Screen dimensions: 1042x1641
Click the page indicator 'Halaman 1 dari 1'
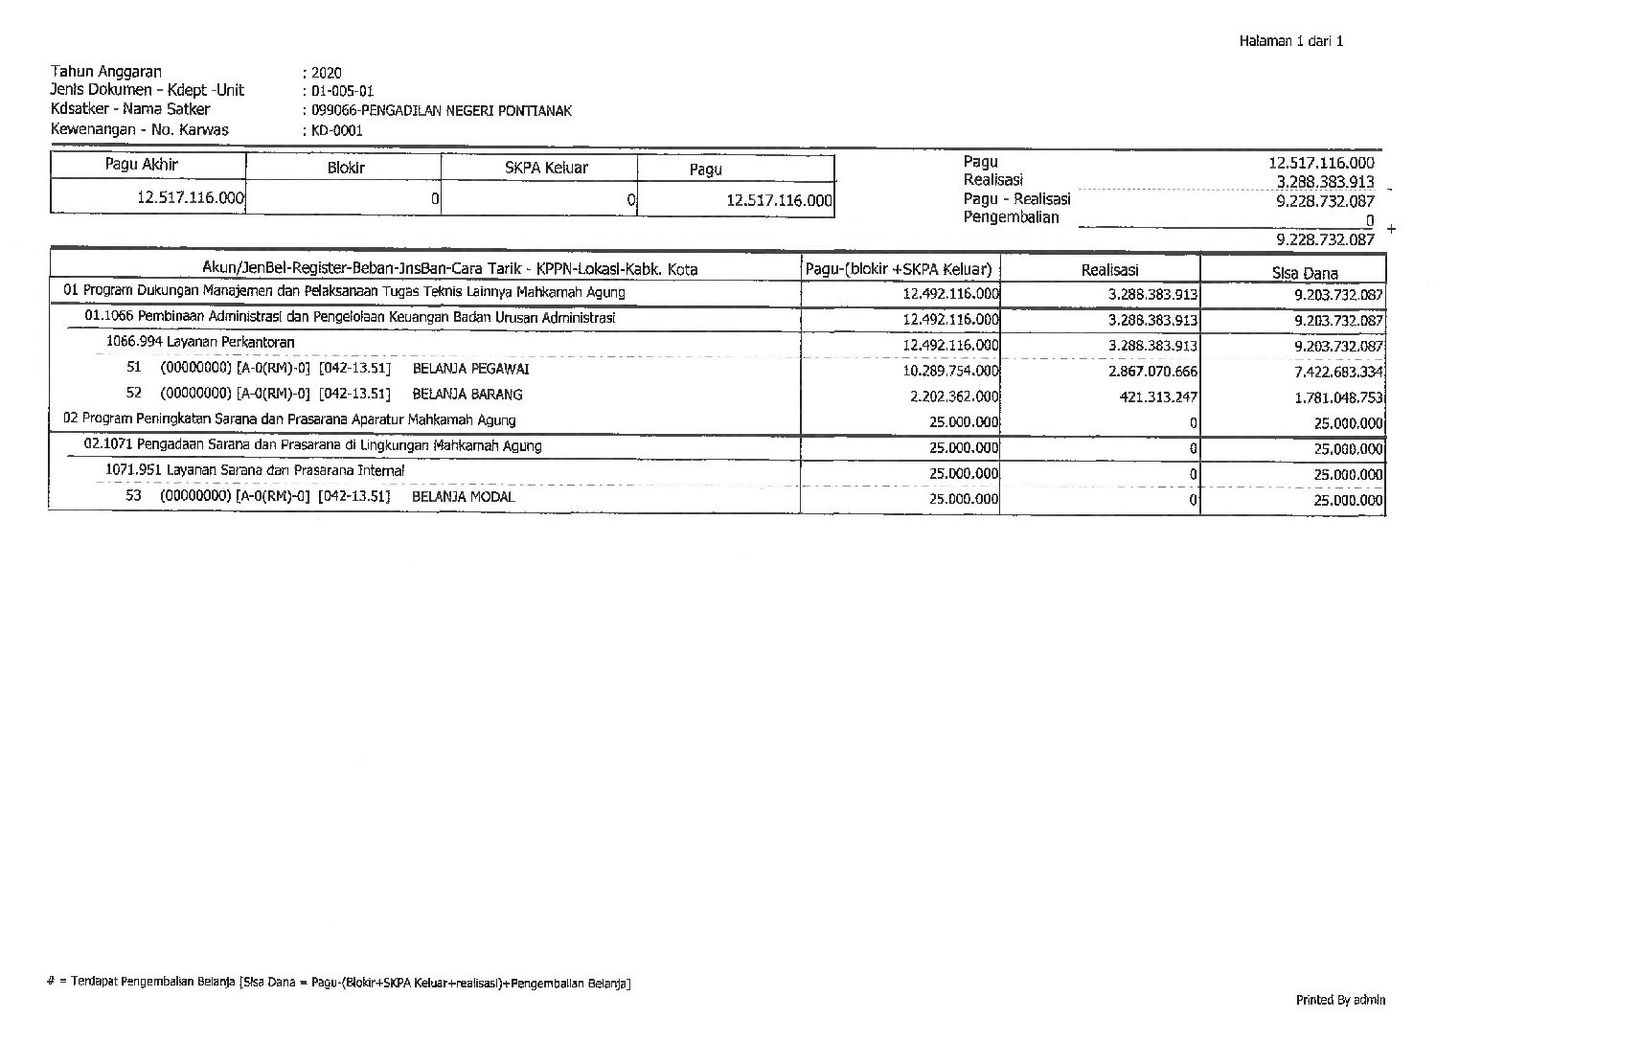click(x=1290, y=41)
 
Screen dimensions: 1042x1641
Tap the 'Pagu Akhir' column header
click(x=142, y=165)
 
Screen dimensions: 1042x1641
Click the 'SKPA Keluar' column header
click(x=546, y=169)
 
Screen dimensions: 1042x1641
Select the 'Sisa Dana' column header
click(x=1305, y=273)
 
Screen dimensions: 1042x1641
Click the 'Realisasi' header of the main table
click(x=1109, y=271)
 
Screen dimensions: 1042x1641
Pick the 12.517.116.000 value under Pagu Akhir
click(x=191, y=198)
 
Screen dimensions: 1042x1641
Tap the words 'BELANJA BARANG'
click(x=467, y=395)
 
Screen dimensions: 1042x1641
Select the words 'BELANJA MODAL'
click(x=464, y=497)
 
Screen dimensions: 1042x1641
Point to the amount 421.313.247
click(x=1158, y=397)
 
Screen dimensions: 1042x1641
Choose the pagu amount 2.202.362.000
click(x=954, y=396)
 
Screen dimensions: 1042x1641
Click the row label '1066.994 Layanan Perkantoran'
click(x=200, y=343)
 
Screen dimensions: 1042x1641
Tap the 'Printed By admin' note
click(x=1340, y=1000)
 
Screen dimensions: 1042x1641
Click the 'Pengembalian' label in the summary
click(x=1011, y=217)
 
